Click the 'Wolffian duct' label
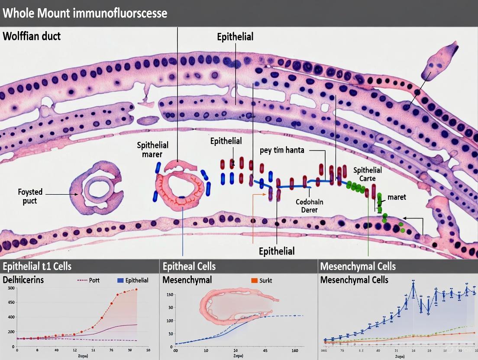[x=32, y=36]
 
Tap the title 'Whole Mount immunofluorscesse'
[x=85, y=13]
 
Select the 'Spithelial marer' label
[x=152, y=149]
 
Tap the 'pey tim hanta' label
[x=282, y=150]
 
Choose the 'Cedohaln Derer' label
[x=309, y=206]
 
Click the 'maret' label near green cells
[x=397, y=197]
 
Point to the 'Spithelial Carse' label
[x=367, y=174]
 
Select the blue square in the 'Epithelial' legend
[x=120, y=280]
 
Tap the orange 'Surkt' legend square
[x=254, y=280]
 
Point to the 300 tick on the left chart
[x=11, y=288]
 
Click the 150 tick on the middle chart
[x=170, y=295]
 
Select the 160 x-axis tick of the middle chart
[x=294, y=350]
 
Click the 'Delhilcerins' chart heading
[x=23, y=280]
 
